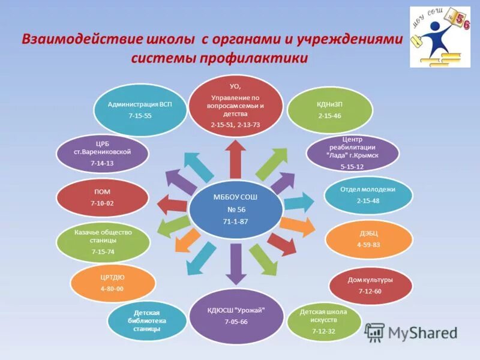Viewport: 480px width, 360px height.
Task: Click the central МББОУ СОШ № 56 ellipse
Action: click(x=236, y=209)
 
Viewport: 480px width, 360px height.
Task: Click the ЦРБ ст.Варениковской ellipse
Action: click(x=102, y=154)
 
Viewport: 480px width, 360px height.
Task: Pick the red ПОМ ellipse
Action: click(x=102, y=197)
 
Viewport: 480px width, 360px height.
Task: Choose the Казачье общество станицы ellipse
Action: click(x=103, y=242)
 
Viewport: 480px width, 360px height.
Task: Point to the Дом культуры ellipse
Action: click(x=370, y=285)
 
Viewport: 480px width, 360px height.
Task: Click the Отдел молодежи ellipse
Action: click(x=368, y=195)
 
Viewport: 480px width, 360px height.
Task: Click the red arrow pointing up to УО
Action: click(x=236, y=158)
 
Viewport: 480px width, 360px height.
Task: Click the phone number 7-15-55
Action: click(x=140, y=115)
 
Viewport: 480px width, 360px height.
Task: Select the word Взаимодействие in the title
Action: click(x=82, y=40)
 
